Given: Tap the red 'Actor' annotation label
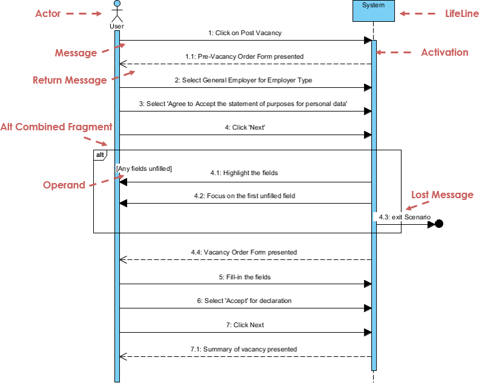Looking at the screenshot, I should [48, 13].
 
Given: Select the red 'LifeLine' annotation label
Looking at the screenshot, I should [461, 13].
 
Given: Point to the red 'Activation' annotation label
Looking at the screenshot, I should [444, 52].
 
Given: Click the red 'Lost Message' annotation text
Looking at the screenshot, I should [442, 195].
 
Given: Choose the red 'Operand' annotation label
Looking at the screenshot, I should [64, 185].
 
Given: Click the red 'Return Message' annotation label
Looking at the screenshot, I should [70, 80].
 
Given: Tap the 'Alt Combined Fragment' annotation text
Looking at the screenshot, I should [56, 127].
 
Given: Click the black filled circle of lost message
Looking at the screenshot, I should [439, 224].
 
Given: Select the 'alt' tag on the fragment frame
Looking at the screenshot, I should [100, 155].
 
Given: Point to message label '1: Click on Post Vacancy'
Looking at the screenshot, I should [245, 33].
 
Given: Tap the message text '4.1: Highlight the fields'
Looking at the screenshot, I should [244, 173].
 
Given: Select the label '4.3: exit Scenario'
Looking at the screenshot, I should [404, 216].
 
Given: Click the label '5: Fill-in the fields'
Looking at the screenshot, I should [245, 277].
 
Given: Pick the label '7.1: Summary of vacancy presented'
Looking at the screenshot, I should [244, 349].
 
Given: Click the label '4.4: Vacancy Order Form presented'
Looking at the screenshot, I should [244, 252].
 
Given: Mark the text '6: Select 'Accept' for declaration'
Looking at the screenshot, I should [245, 301].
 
